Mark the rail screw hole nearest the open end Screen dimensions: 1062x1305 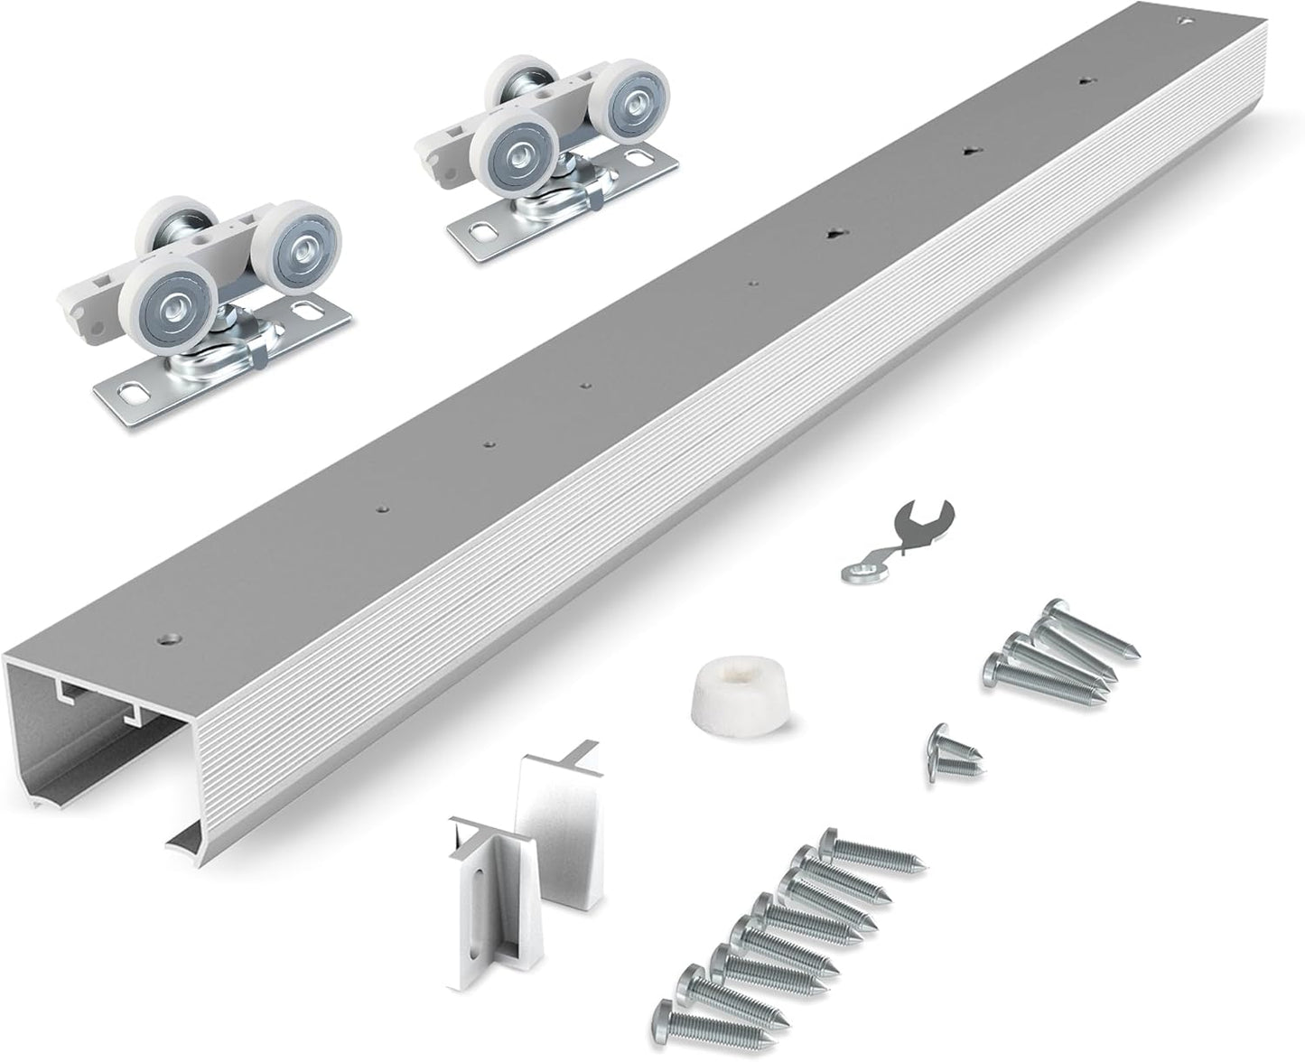point(166,638)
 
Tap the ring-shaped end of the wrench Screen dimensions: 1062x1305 point(854,571)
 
